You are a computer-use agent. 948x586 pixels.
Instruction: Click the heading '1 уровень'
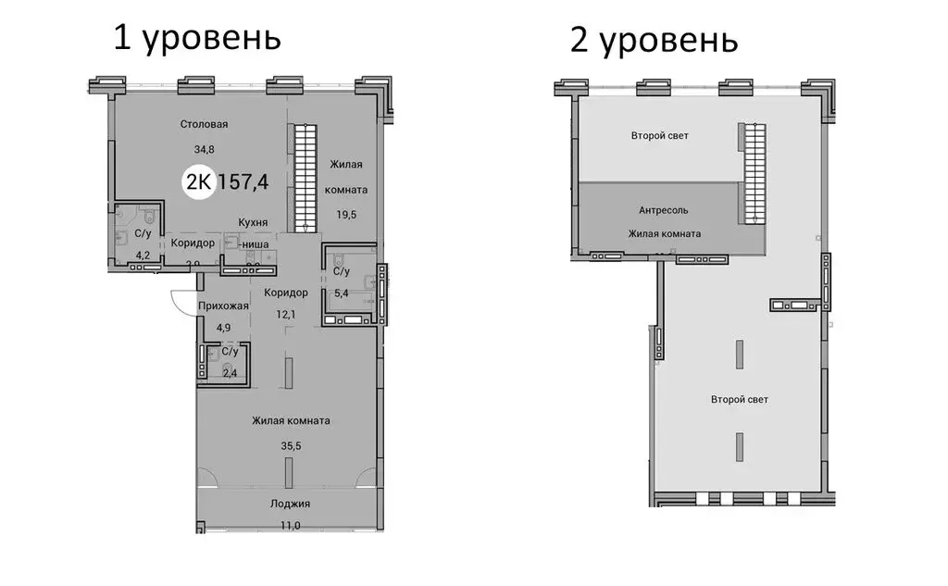pyautogui.click(x=196, y=38)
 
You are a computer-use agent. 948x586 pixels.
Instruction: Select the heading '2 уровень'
pyautogui.click(x=654, y=41)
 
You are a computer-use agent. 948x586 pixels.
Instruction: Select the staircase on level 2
pyautogui.click(x=755, y=174)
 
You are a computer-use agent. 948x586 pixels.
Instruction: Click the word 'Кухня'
pyautogui.click(x=253, y=222)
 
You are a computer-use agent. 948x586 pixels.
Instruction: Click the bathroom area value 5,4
pyautogui.click(x=341, y=293)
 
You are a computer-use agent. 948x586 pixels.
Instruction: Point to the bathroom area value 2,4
pyautogui.click(x=228, y=373)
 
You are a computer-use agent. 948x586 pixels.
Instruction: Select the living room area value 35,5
pyautogui.click(x=291, y=443)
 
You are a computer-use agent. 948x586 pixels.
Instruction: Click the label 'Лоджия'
pyautogui.click(x=290, y=504)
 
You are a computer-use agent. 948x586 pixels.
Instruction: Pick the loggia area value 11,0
pyautogui.click(x=290, y=526)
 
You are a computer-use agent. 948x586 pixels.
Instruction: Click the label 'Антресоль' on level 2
pyautogui.click(x=663, y=210)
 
